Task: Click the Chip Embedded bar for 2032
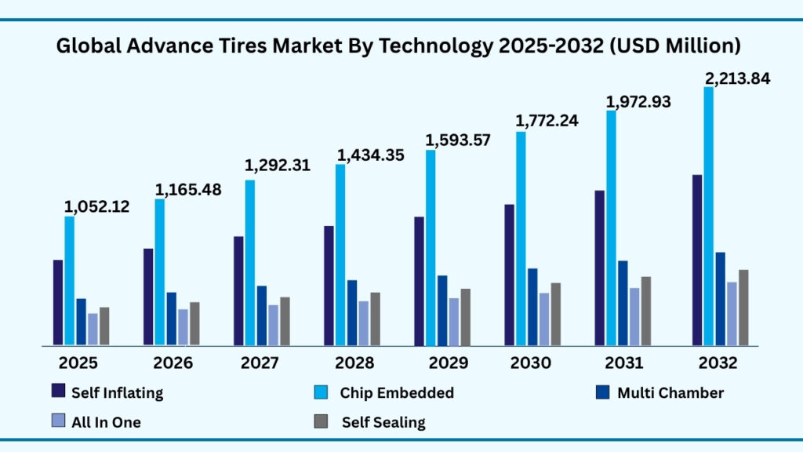709,216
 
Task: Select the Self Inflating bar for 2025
58,302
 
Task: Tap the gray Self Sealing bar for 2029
466,317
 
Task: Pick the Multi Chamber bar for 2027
262,315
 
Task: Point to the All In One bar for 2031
634,316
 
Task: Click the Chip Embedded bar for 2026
160,272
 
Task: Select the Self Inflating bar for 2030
510,275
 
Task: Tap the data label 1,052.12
96,207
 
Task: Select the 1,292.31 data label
278,166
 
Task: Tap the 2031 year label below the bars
623,363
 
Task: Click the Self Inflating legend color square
57,392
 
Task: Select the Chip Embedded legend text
397,392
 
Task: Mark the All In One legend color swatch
57,421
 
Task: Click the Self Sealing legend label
383,422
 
